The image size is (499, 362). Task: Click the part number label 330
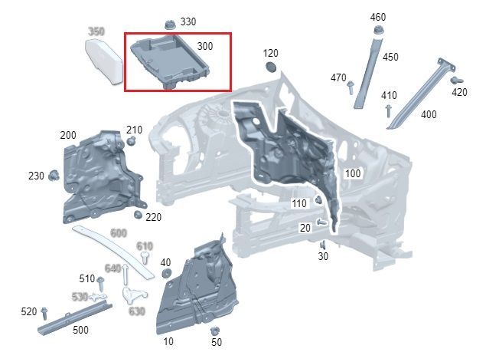(188, 21)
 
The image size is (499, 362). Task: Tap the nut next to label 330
(170, 25)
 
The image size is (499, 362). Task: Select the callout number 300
(205, 46)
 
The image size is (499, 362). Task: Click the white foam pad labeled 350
(104, 61)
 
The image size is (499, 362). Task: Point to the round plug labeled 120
(271, 66)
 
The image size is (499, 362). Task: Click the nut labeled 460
(378, 31)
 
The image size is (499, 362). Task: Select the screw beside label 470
(351, 87)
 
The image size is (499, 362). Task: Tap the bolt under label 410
(388, 111)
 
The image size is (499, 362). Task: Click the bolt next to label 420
(456, 80)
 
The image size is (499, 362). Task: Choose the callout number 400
(429, 114)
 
